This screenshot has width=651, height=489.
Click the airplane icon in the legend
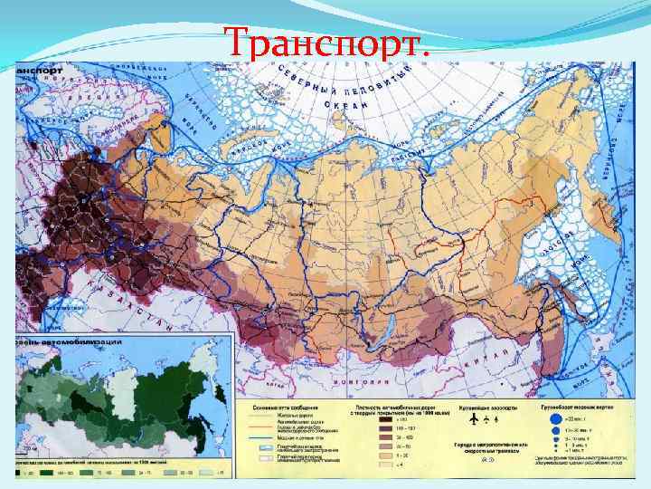tap(472, 420)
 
